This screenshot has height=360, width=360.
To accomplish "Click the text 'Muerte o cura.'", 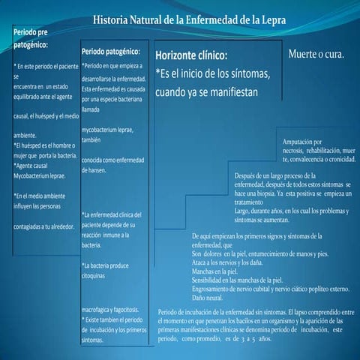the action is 316,55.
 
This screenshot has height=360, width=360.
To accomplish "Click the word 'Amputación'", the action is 302,142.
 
